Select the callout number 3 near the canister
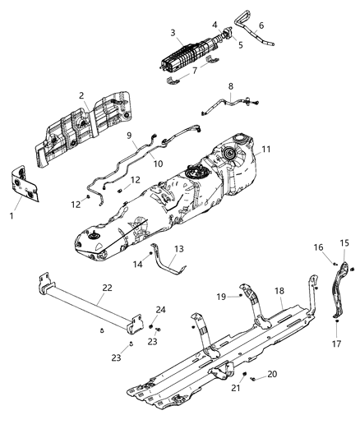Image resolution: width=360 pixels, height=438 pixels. pyautogui.click(x=173, y=33)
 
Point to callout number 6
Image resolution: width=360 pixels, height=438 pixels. pyautogui.click(x=261, y=25)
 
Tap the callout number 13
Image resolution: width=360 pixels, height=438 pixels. pyautogui.click(x=180, y=249)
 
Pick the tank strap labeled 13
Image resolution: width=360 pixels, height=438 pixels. pyautogui.click(x=168, y=263)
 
